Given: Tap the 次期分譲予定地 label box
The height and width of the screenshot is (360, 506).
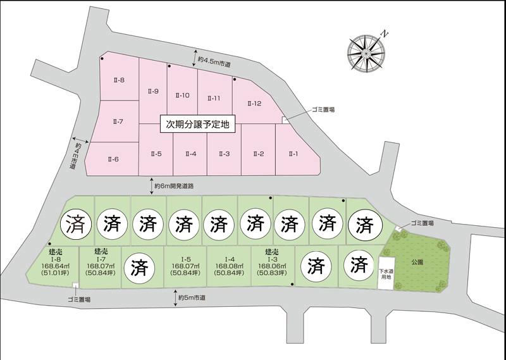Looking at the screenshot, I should [197, 125].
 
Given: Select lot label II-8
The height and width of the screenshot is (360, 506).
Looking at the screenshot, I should [118, 80].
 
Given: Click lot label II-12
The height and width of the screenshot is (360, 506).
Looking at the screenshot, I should [254, 103].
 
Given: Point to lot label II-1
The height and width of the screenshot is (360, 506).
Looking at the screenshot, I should [293, 154].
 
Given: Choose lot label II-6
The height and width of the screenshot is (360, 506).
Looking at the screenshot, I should [113, 159].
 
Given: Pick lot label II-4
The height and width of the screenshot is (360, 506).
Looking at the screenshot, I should [190, 154].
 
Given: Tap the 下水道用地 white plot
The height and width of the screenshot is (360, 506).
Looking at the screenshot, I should [385, 275].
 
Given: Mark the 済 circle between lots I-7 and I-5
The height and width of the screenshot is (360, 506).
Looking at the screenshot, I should [139, 268].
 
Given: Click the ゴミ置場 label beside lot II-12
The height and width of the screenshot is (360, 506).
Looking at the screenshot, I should [323, 109].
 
